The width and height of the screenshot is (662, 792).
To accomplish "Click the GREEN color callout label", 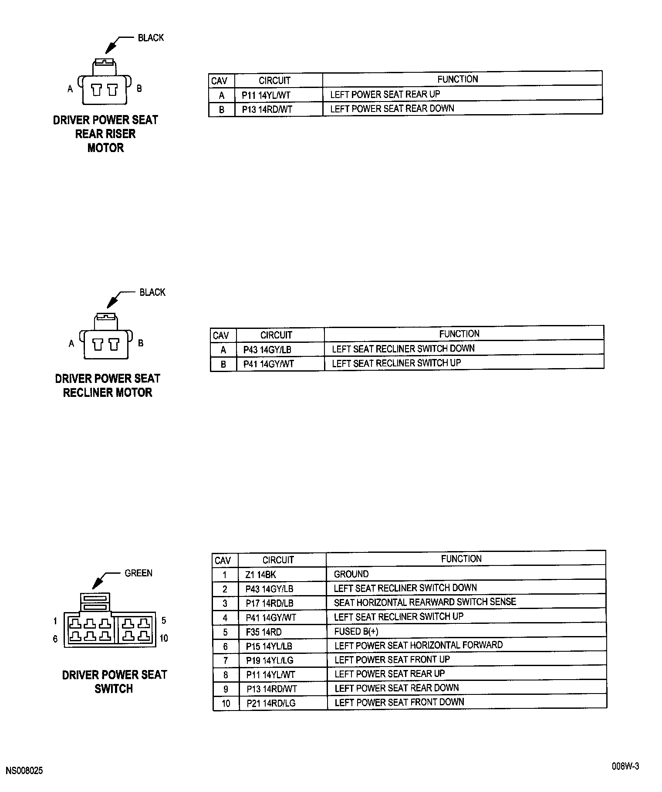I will [x=138, y=573].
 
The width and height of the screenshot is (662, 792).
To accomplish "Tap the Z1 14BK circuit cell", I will [x=260, y=575].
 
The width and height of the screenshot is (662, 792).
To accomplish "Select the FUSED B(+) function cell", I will [x=356, y=631].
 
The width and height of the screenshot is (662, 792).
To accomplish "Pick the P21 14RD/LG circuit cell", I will [x=270, y=703].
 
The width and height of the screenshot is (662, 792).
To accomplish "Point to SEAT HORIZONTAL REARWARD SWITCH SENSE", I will [x=425, y=602].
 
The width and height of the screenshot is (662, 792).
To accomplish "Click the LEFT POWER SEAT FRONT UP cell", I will [x=392, y=660].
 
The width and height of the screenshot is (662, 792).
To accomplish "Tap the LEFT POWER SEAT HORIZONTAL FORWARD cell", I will [x=418, y=645].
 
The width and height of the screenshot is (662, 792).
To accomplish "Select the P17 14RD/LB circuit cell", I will [x=269, y=603].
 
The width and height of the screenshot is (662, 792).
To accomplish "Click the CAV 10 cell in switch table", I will [x=226, y=704].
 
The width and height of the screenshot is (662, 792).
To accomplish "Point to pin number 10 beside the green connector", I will [x=164, y=638].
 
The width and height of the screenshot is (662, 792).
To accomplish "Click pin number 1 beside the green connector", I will [x=55, y=621].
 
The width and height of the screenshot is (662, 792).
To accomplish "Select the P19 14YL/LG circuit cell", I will [x=270, y=660].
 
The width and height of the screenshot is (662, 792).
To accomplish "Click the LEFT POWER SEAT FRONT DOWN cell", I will [x=399, y=702].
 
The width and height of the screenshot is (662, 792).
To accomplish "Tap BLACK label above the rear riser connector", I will [x=151, y=38].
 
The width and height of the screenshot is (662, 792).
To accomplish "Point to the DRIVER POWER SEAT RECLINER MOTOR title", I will [x=108, y=386].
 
